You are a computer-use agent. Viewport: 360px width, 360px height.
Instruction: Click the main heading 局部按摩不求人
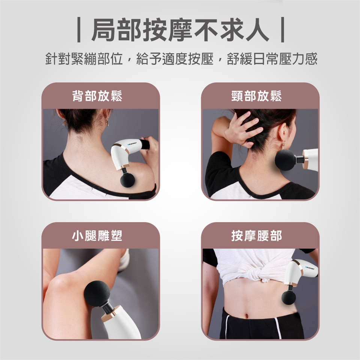(180, 30)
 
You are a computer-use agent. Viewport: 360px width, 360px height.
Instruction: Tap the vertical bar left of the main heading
(79, 30)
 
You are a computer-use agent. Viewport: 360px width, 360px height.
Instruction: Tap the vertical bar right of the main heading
(282, 30)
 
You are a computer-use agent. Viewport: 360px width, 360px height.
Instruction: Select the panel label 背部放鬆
(97, 96)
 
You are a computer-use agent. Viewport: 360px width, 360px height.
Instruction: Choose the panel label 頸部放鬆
(256, 96)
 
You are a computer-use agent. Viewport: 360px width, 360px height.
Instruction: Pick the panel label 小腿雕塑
(97, 236)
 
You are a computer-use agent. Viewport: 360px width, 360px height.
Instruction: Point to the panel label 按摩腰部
(256, 236)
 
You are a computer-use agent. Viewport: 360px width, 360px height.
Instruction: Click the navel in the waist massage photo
(247, 316)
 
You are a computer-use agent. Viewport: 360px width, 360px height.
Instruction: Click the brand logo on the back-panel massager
(132, 144)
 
